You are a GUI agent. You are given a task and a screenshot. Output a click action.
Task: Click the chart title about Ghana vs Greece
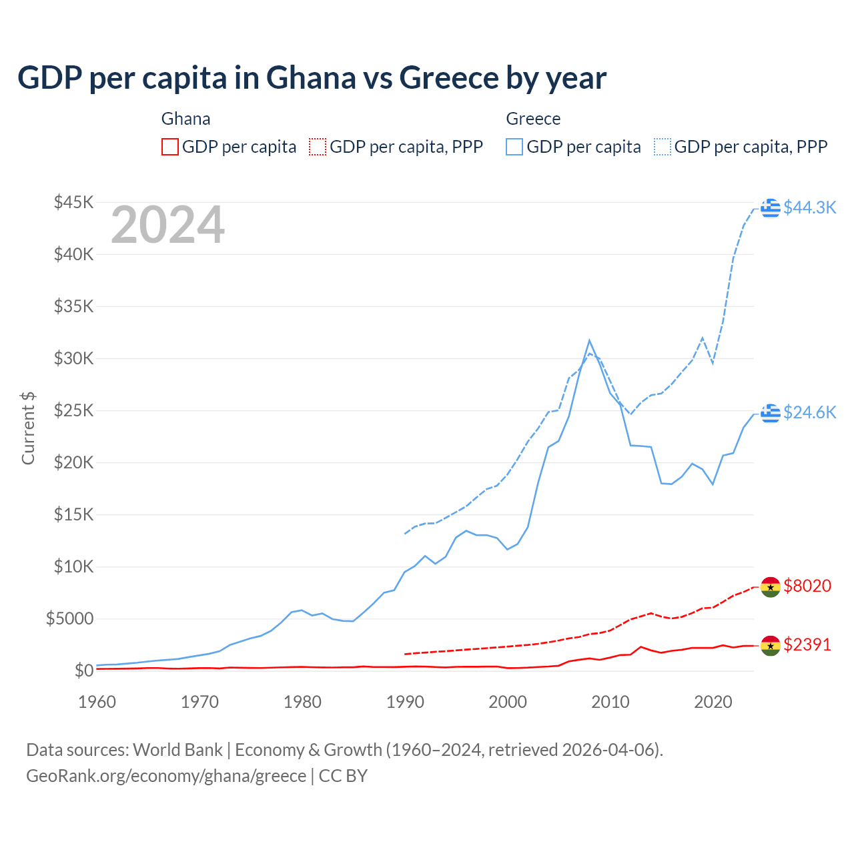tap(312, 78)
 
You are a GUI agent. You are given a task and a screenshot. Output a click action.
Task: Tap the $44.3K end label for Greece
tap(809, 207)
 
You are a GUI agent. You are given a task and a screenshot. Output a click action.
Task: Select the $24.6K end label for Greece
tap(809, 412)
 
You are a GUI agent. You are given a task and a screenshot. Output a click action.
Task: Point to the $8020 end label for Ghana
tap(807, 586)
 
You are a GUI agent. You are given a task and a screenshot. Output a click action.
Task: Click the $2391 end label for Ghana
tap(807, 645)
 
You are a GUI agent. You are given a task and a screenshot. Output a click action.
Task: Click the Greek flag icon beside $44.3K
tap(771, 207)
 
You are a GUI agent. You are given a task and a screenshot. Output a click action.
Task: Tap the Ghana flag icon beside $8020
tap(771, 586)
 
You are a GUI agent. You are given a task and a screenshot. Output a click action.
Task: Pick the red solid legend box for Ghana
tap(170, 147)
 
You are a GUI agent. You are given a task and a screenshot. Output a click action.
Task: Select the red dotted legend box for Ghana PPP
tap(318, 147)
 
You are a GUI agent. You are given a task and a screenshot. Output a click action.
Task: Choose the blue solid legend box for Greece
tap(514, 147)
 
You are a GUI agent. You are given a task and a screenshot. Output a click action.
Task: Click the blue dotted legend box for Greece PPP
tap(663, 147)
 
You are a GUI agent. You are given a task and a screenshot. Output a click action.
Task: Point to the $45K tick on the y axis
tap(73, 202)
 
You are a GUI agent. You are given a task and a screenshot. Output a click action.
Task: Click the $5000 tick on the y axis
tap(69, 618)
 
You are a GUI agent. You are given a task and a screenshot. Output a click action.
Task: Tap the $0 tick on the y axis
tap(83, 671)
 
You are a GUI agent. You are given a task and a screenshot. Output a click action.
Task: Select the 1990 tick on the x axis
tap(405, 702)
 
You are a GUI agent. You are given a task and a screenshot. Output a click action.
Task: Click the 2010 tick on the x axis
tap(610, 702)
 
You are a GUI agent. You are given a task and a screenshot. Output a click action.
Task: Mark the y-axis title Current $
tap(28, 428)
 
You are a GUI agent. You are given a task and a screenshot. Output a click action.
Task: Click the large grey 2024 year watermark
tap(167, 225)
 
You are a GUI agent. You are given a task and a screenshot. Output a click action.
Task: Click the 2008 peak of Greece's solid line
tap(589, 340)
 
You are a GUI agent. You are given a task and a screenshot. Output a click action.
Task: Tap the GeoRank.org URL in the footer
tap(166, 776)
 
